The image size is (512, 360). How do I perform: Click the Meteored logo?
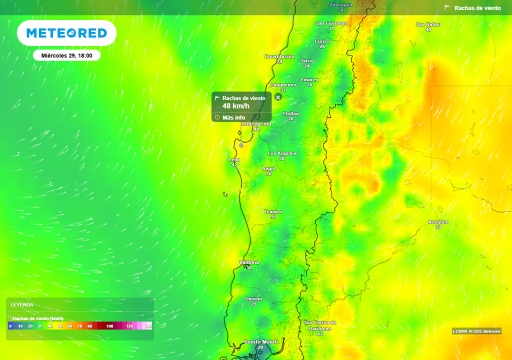[x=66, y=33]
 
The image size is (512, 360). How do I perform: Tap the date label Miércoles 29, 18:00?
[x=66, y=55]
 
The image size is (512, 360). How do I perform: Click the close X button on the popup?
[x=278, y=97]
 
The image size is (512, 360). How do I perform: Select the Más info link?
[x=233, y=117]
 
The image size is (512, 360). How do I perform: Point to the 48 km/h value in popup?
[x=235, y=106]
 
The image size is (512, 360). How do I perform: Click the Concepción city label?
[x=256, y=124]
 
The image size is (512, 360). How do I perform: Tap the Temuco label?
[x=273, y=212]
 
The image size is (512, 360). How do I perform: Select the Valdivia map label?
[x=249, y=262]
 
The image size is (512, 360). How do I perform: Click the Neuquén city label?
[x=438, y=222]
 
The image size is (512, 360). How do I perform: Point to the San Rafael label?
[x=428, y=24]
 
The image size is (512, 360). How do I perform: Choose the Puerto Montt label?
[x=260, y=342]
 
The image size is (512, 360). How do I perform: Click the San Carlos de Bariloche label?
[x=320, y=325]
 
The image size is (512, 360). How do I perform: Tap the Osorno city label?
[x=253, y=299]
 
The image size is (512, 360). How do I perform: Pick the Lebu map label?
[x=234, y=159]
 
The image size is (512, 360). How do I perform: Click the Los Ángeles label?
[x=282, y=153]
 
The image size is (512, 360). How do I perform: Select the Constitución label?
[x=279, y=56]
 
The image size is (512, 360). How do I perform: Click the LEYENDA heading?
[x=22, y=304]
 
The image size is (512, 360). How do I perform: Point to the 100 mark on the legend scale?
[x=110, y=326]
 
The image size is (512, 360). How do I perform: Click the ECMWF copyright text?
[x=476, y=331]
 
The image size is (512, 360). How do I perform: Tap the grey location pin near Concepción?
[x=241, y=145]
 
